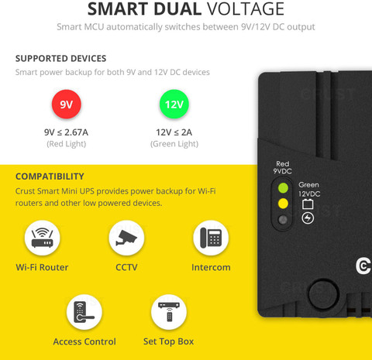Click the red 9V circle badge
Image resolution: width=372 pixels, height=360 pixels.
click(67, 105)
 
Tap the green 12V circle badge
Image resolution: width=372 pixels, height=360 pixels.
click(174, 105)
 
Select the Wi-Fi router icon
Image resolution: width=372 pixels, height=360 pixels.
click(42, 238)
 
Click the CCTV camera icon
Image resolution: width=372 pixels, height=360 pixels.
click(126, 238)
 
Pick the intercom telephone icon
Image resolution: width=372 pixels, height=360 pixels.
click(211, 238)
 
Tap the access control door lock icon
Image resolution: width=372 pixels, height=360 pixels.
click(84, 312)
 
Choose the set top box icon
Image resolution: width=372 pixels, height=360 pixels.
click(169, 312)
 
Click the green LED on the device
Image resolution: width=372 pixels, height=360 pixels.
click(283, 188)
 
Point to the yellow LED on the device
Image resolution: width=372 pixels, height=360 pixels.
click(283, 204)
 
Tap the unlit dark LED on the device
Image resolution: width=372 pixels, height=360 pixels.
click(283, 220)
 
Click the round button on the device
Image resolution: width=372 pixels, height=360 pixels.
click(324, 294)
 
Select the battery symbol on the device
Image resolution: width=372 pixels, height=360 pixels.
click(308, 204)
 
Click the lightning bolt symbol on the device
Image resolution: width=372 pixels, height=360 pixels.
click(308, 218)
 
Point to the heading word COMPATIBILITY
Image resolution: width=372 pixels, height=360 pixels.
click(50, 177)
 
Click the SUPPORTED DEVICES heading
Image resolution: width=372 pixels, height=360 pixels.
click(60, 59)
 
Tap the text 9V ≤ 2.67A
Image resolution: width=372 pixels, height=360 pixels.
click(66, 132)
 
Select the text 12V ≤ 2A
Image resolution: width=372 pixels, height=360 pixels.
click(174, 132)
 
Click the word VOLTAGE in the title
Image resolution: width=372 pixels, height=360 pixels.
click(246, 9)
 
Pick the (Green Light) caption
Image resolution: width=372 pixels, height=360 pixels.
click(174, 144)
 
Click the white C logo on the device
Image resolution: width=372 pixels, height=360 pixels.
click(363, 266)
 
